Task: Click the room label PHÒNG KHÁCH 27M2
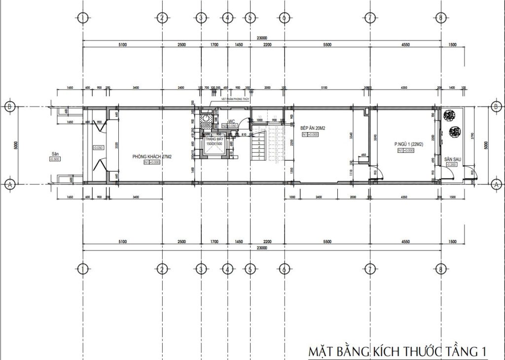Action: coord(152,157)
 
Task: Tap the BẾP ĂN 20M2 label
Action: coord(312,128)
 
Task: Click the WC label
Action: coord(231,121)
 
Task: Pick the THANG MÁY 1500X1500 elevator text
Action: coord(214,142)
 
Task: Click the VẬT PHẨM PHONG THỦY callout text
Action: coord(231,100)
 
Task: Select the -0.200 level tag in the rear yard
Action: coord(450,165)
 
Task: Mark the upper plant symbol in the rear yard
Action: coord(448,115)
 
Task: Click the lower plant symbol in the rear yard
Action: coord(455,132)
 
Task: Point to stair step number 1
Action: coord(259,159)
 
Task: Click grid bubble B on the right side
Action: coord(496,107)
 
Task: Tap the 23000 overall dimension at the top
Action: coord(262,37)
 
